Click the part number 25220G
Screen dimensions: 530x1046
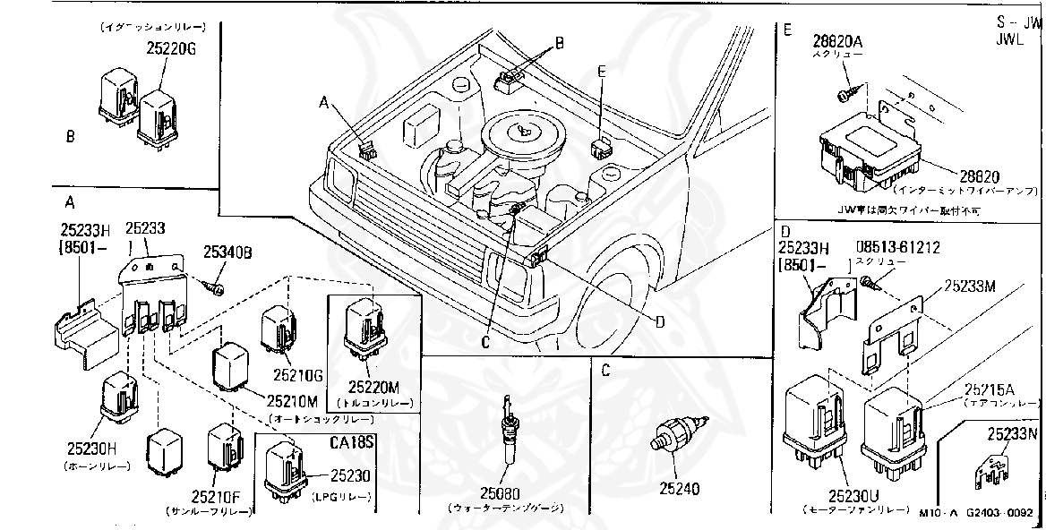tap(171, 50)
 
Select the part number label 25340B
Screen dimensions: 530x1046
tap(227, 253)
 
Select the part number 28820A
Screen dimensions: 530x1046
tap(836, 40)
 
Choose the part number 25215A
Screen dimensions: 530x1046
tap(990, 389)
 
